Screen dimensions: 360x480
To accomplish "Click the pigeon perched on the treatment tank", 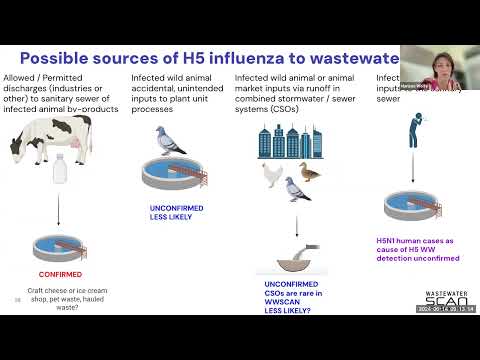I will pos(166,141).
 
